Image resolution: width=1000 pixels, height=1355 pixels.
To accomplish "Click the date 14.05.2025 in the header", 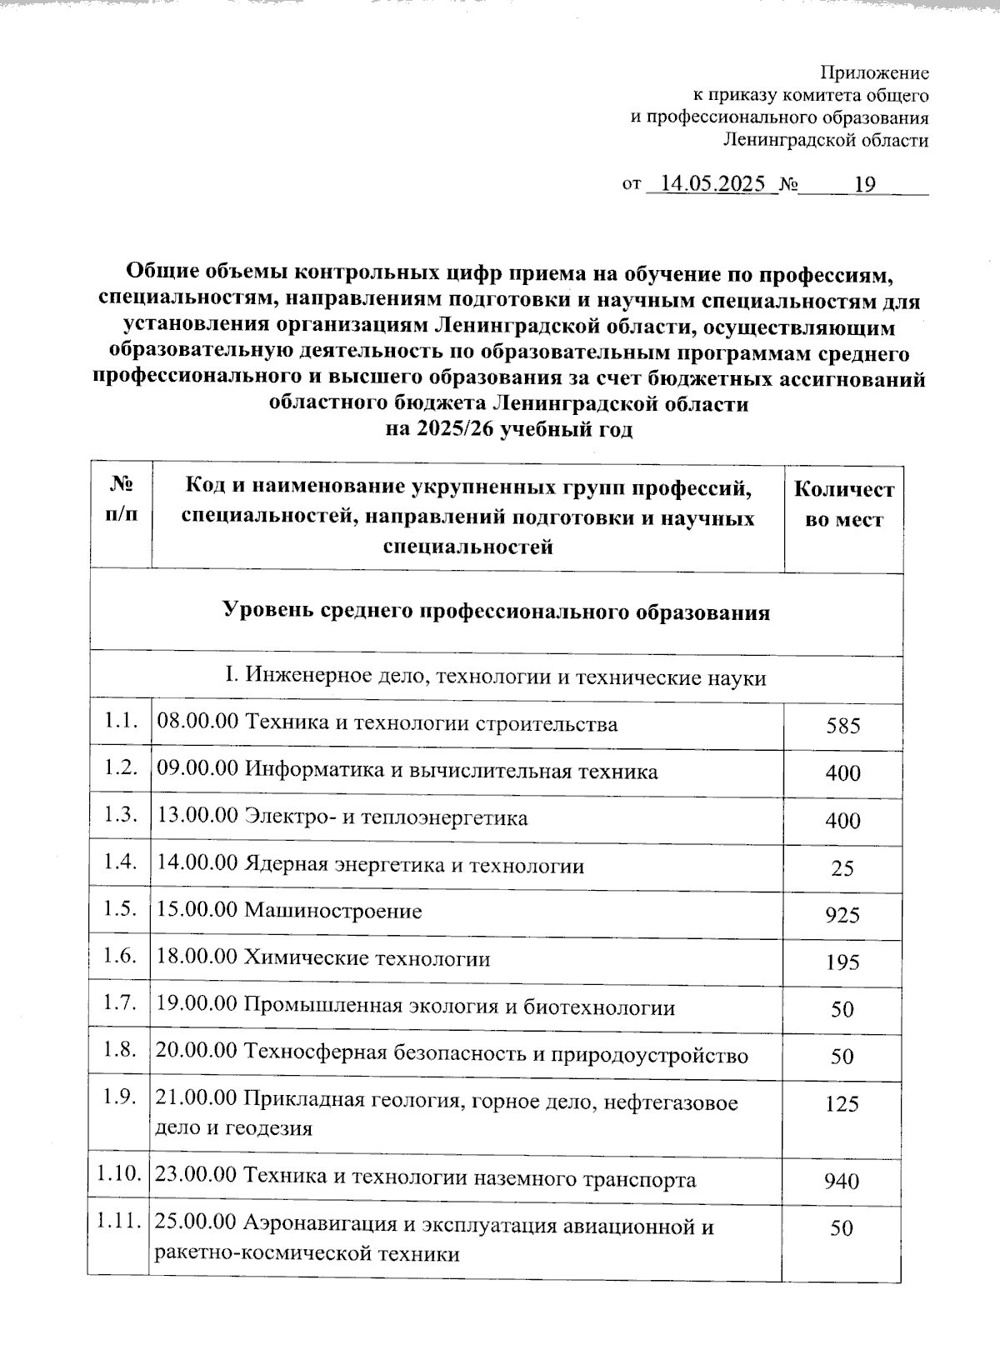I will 712,184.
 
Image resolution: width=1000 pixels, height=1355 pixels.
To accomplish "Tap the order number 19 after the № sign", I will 865,184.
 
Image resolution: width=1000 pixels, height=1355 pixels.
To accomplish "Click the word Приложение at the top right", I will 875,72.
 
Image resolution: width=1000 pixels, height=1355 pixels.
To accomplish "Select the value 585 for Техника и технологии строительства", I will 842,726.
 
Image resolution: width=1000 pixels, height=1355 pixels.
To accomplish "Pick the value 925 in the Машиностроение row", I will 842,916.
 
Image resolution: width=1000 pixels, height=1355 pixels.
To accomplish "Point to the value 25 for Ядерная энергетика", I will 842,868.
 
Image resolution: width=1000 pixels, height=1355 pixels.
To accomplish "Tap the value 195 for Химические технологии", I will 842,963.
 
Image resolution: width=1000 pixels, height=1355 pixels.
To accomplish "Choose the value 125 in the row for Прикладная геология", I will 842,1104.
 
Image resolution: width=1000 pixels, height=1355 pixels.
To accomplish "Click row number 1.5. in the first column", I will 120,908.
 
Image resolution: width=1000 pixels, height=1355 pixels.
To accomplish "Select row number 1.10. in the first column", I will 117,1175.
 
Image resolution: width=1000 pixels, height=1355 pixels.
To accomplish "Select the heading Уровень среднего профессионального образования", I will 496,612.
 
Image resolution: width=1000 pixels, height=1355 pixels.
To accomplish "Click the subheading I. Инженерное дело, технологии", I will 496,677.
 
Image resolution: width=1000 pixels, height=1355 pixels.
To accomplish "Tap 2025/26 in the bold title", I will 455,430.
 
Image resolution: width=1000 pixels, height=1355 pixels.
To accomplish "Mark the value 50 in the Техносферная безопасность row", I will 842,1057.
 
